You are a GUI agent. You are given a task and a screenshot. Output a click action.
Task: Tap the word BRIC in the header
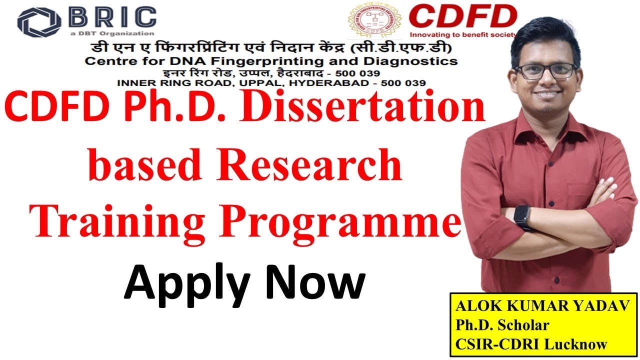[x=112, y=17]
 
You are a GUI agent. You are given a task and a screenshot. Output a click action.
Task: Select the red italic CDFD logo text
[x=462, y=17]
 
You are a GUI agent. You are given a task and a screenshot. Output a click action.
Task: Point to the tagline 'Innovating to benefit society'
[x=462, y=35]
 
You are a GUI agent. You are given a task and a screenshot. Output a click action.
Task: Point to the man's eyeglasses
[x=545, y=71]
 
